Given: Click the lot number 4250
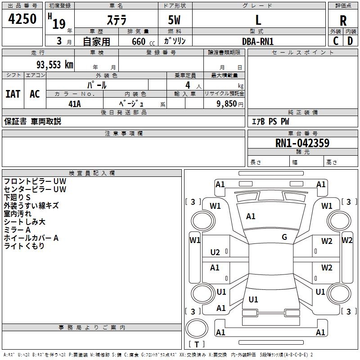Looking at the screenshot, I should [22, 19].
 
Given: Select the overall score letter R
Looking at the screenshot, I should [343, 21].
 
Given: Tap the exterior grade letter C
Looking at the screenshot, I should [335, 41].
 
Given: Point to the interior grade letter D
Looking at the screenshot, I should [350, 41].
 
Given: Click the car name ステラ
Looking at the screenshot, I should [116, 20].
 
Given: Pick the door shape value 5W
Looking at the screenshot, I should [175, 20].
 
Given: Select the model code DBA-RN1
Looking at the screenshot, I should [258, 41].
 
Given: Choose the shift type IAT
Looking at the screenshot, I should [13, 94].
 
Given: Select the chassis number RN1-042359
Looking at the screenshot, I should [302, 144].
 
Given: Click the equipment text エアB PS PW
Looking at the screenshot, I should [270, 121].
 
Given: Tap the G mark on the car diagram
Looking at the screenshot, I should [284, 237].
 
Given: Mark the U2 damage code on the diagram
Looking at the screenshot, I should [215, 252].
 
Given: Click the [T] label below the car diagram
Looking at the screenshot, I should [196, 344].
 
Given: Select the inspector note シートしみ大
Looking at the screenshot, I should [24, 222].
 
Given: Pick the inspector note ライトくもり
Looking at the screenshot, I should [24, 246].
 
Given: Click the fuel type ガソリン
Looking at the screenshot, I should [175, 41].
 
